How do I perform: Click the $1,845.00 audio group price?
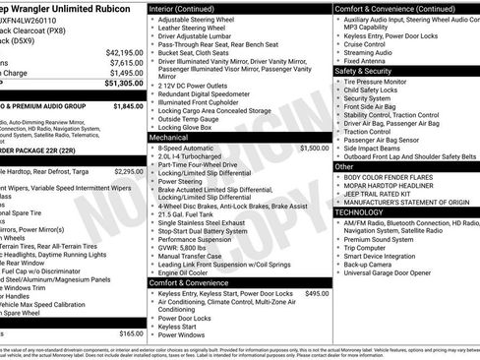pyautogui.click(x=128, y=105)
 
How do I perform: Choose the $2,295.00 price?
pyautogui.click(x=128, y=171)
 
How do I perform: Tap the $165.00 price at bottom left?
pyautogui.click(x=131, y=333)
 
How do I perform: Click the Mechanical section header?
pyautogui.click(x=168, y=138)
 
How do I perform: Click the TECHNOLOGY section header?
pyautogui.click(x=359, y=211)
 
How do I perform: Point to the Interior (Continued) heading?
pyautogui.click(x=190, y=9)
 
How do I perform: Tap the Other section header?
pyautogui.click(x=344, y=166)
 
